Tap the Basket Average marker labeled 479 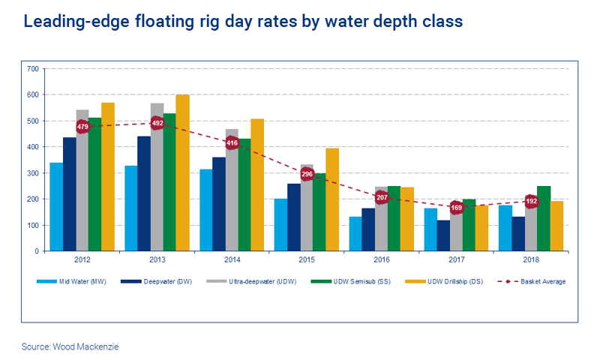click(82, 127)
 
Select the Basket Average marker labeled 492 click(157, 123)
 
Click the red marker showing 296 click(307, 174)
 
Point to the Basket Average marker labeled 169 click(456, 207)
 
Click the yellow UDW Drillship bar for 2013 click(182, 173)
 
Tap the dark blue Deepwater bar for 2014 click(218, 204)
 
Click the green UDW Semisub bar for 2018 click(544, 219)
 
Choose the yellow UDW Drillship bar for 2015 click(331, 199)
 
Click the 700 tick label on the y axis click(32, 69)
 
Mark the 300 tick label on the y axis click(32, 173)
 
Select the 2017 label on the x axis click(456, 261)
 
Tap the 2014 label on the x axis click(232, 261)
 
